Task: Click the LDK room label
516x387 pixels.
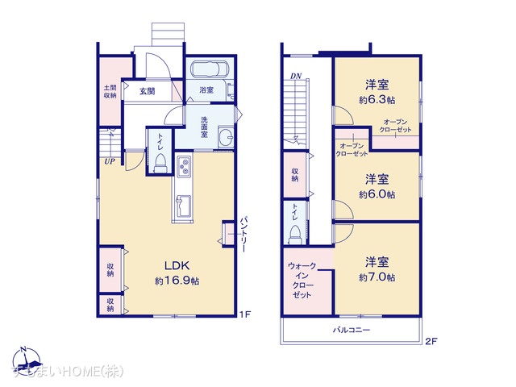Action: (x=178, y=265)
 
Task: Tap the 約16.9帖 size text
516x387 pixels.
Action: (x=178, y=281)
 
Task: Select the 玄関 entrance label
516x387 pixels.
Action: (x=147, y=91)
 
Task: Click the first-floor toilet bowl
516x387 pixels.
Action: (x=160, y=165)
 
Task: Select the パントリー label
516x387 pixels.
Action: (x=244, y=235)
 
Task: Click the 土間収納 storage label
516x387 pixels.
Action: (x=110, y=90)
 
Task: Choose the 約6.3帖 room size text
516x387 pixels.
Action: (x=377, y=100)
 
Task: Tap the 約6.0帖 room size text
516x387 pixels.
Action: (x=377, y=194)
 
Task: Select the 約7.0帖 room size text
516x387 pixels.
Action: (x=377, y=277)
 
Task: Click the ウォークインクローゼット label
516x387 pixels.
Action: (x=302, y=281)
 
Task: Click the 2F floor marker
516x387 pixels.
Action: (x=431, y=341)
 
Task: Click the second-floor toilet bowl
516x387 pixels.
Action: (x=295, y=231)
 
